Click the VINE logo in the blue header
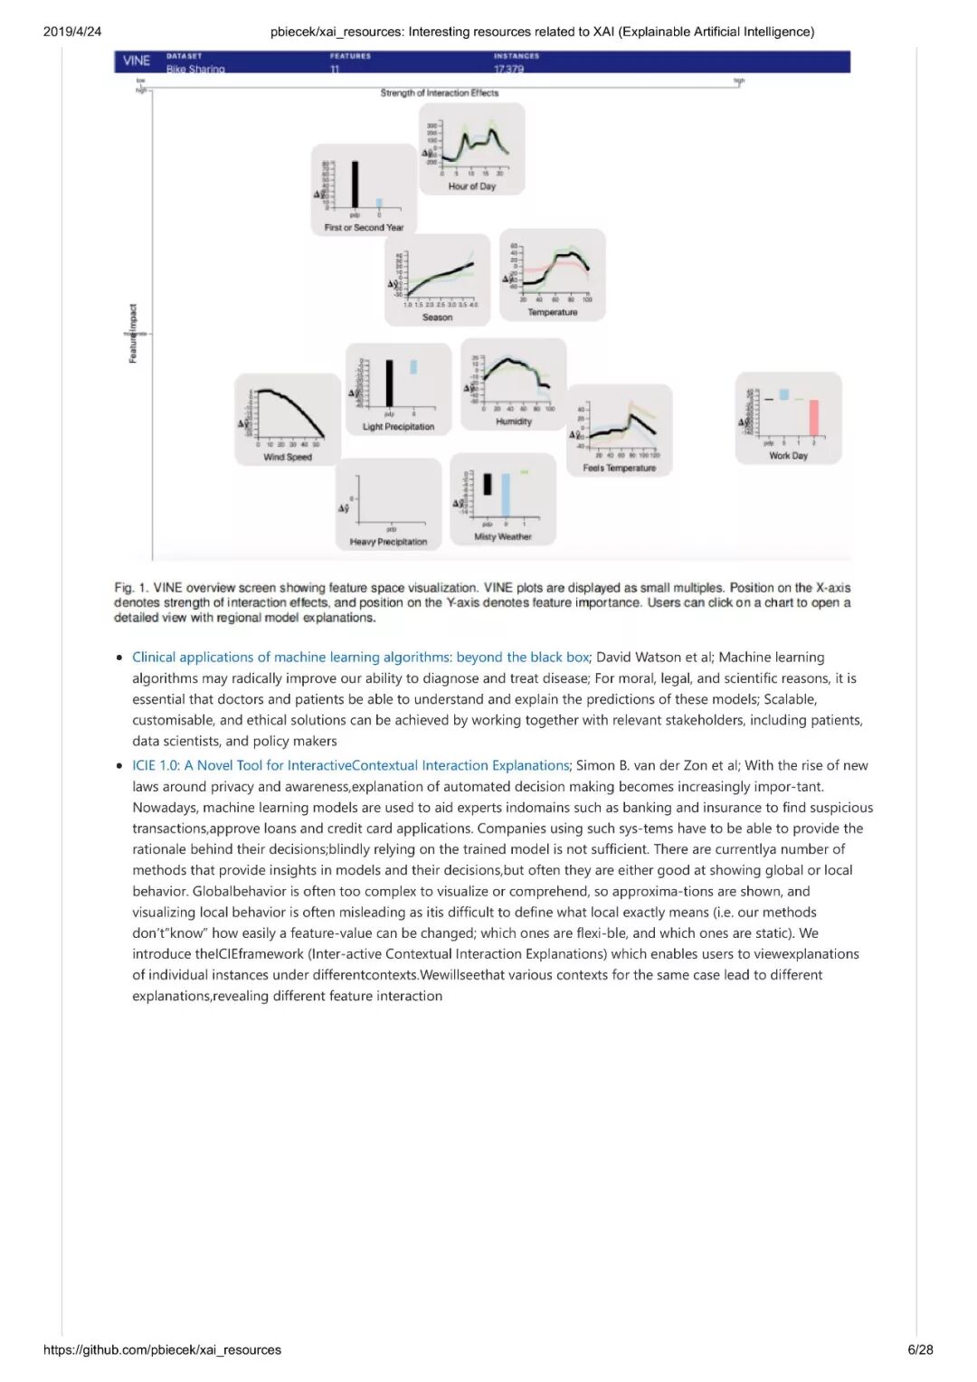[x=137, y=61]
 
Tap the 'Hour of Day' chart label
[x=471, y=186]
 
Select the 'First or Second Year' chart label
[x=364, y=228]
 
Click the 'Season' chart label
[x=437, y=317]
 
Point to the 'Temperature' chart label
[x=552, y=312]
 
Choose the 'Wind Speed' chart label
[x=287, y=457]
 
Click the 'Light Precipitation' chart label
[x=398, y=427]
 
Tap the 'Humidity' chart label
[x=514, y=421]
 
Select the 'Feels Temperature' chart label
[x=619, y=468]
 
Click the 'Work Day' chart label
[x=788, y=456]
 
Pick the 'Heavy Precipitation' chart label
[x=388, y=542]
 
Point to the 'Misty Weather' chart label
[x=503, y=536]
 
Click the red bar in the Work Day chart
[x=813, y=417]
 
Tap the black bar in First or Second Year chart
[x=355, y=185]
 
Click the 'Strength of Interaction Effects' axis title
[x=439, y=93]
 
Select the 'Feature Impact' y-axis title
[x=133, y=334]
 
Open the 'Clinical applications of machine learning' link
[x=360, y=658]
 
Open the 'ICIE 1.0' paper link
[x=350, y=765]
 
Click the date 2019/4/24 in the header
[x=72, y=32]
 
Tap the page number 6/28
[x=920, y=1349]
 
